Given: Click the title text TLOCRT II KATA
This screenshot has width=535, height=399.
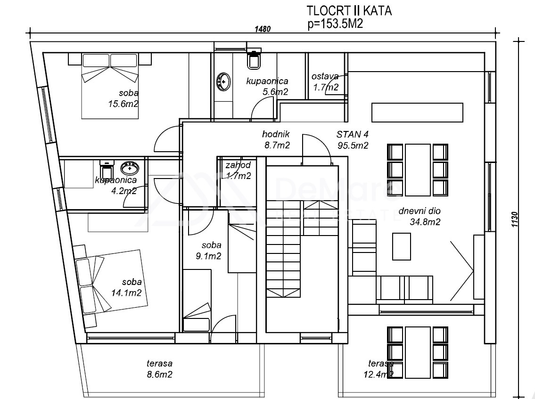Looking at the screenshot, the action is [349, 10].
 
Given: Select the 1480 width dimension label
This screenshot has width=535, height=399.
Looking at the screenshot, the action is [263, 29].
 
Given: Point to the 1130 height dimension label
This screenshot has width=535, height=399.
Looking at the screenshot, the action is [515, 220].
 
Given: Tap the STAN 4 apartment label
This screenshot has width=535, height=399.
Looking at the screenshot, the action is [353, 134].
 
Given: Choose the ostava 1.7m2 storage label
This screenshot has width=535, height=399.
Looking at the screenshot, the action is [326, 82].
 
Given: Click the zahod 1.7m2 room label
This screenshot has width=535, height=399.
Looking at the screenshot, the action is [239, 171].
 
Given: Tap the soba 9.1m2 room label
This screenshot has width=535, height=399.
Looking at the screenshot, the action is [209, 250].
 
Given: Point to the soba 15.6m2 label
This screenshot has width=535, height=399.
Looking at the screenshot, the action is [123, 98].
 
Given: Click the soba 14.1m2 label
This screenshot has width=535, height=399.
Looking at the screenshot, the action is [127, 287].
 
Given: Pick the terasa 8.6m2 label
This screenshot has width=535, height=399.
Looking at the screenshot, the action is [160, 369].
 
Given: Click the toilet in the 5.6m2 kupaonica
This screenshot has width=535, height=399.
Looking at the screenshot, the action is [254, 59].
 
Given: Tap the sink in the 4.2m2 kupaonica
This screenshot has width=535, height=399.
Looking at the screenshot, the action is [130, 168].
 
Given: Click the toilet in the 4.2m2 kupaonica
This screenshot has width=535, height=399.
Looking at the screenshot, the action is [107, 168].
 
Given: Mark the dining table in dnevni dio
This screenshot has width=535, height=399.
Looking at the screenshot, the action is [418, 170].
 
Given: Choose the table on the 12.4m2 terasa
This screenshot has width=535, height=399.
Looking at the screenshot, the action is [418, 353].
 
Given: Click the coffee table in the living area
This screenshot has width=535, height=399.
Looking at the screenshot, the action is [401, 246].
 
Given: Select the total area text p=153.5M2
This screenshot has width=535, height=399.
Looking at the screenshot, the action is [335, 24].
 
